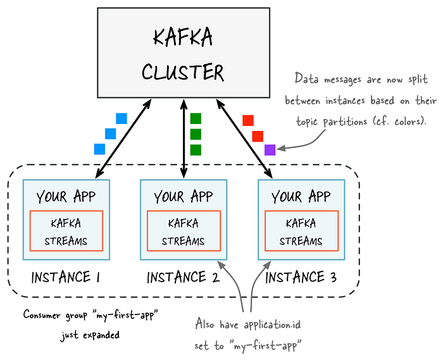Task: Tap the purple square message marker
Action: pyautogui.click(x=270, y=150)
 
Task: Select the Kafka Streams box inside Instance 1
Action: pyautogui.click(x=66, y=232)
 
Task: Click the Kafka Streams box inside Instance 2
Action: pyautogui.click(x=183, y=232)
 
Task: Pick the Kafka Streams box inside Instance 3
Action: pyautogui.click(x=301, y=232)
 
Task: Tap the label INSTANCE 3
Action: pyautogui.click(x=301, y=277)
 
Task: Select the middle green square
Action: pyautogui.click(x=196, y=133)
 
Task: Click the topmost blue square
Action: pyautogui.click(x=122, y=118)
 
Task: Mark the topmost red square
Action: pyautogui.click(x=248, y=120)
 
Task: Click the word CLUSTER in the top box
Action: pyautogui.click(x=183, y=73)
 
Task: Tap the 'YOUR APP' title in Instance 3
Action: pyautogui.click(x=301, y=196)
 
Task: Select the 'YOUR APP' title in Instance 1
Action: pyautogui.click(x=66, y=196)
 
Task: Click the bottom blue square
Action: pyautogui.click(x=99, y=149)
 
